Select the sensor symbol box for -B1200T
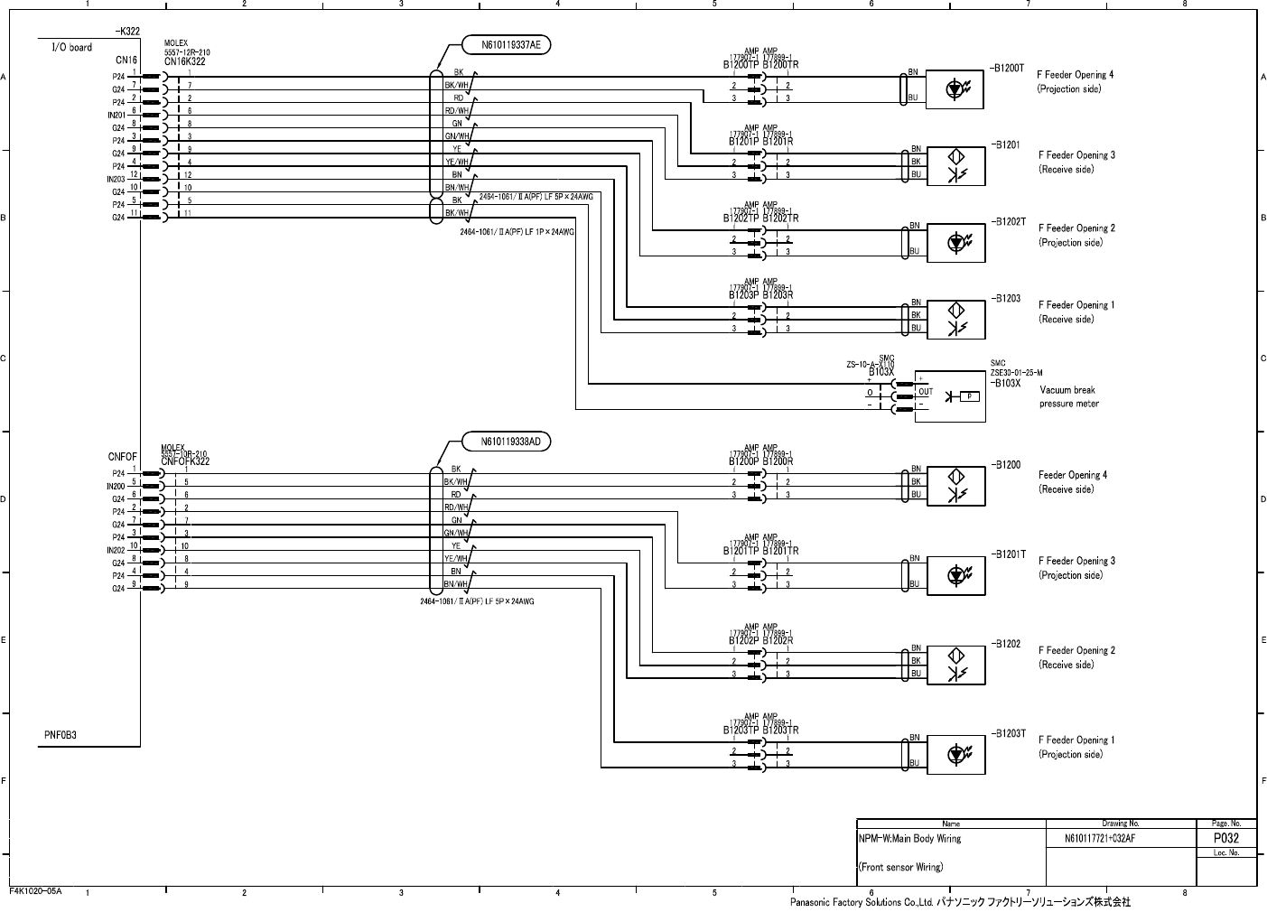click(955, 88)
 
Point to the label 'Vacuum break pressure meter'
click(1069, 397)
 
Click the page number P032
click(1225, 838)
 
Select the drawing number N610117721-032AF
click(1100, 839)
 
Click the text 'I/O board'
click(71, 48)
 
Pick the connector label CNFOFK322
click(185, 461)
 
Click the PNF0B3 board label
click(61, 735)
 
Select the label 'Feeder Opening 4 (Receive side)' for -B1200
click(1072, 482)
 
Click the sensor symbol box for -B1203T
click(955, 753)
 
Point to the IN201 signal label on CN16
click(116, 115)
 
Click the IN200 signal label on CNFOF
click(116, 486)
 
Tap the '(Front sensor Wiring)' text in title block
click(900, 868)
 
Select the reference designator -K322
click(128, 32)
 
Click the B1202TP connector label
click(741, 219)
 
